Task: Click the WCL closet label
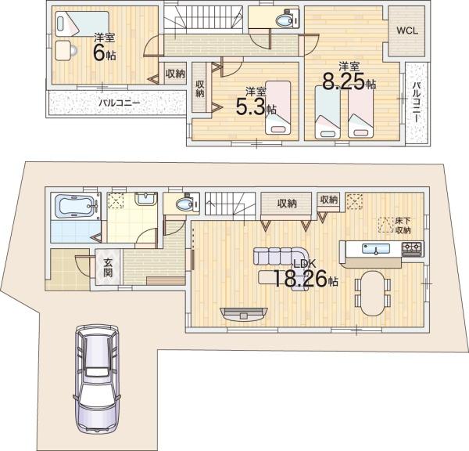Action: (407, 31)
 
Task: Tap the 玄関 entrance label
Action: (108, 267)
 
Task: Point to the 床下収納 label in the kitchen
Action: (403, 225)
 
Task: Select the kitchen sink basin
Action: (376, 248)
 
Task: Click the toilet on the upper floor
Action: (286, 20)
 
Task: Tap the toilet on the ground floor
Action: (188, 204)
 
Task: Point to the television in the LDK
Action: (243, 313)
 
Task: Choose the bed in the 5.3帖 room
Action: (277, 107)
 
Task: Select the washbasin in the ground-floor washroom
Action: (145, 199)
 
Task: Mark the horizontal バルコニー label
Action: (120, 103)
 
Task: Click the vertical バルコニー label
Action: (416, 102)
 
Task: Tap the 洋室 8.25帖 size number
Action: (349, 81)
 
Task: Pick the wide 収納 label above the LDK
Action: (287, 204)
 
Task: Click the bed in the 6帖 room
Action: (81, 23)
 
